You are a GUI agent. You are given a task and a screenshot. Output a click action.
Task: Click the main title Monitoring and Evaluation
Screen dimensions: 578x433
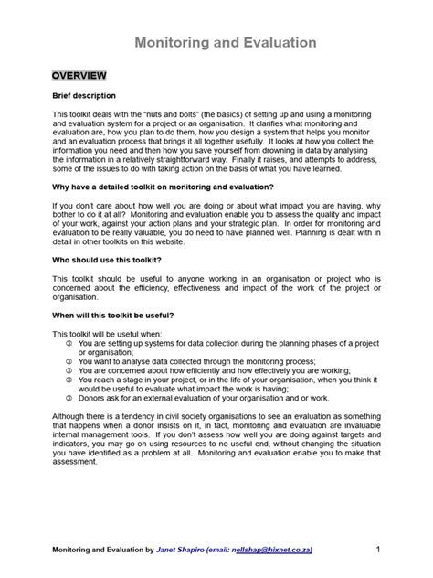(226, 43)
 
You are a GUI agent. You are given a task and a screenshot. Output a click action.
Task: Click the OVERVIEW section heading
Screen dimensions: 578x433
(79, 75)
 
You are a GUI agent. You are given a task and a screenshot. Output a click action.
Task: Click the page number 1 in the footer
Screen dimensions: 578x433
(377, 549)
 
